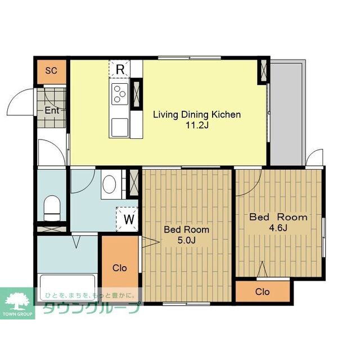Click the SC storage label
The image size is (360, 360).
[51, 70]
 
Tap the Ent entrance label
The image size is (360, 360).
[52, 110]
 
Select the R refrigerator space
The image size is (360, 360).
[120, 69]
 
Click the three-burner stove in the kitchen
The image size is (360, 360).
[120, 94]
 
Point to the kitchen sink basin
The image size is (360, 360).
[120, 127]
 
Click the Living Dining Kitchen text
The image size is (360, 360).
[197, 115]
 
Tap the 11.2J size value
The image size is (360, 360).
[197, 125]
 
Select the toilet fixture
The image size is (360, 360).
[52, 208]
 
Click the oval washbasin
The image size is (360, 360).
[109, 184]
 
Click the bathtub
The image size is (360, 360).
[67, 287]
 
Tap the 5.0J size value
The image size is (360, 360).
[187, 240]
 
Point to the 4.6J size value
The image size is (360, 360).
[278, 228]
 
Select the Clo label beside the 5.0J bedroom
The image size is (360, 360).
[120, 268]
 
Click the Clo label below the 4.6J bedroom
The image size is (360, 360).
[262, 292]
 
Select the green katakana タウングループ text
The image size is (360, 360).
[91, 308]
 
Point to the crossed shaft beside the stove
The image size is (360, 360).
[136, 94]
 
